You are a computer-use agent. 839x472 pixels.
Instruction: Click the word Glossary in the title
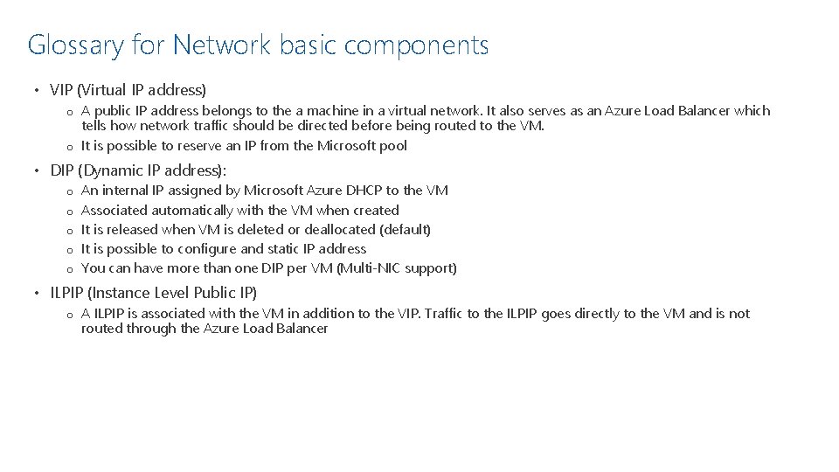click(x=76, y=45)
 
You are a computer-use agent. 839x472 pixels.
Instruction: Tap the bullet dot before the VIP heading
click(x=37, y=90)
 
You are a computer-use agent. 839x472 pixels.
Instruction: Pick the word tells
click(x=94, y=126)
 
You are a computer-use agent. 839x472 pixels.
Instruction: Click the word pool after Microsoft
click(x=392, y=146)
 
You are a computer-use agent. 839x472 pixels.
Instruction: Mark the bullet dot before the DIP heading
click(x=37, y=170)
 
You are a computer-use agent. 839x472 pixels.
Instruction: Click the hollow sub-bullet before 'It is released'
click(x=67, y=230)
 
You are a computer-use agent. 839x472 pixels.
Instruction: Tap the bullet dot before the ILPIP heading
click(x=37, y=293)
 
